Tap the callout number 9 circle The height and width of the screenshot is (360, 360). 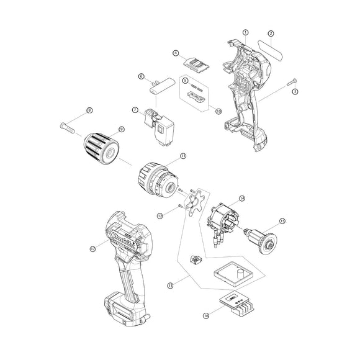[x=122, y=129]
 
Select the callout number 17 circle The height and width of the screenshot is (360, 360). [x=92, y=248]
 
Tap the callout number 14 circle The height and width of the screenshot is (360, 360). [x=242, y=199]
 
